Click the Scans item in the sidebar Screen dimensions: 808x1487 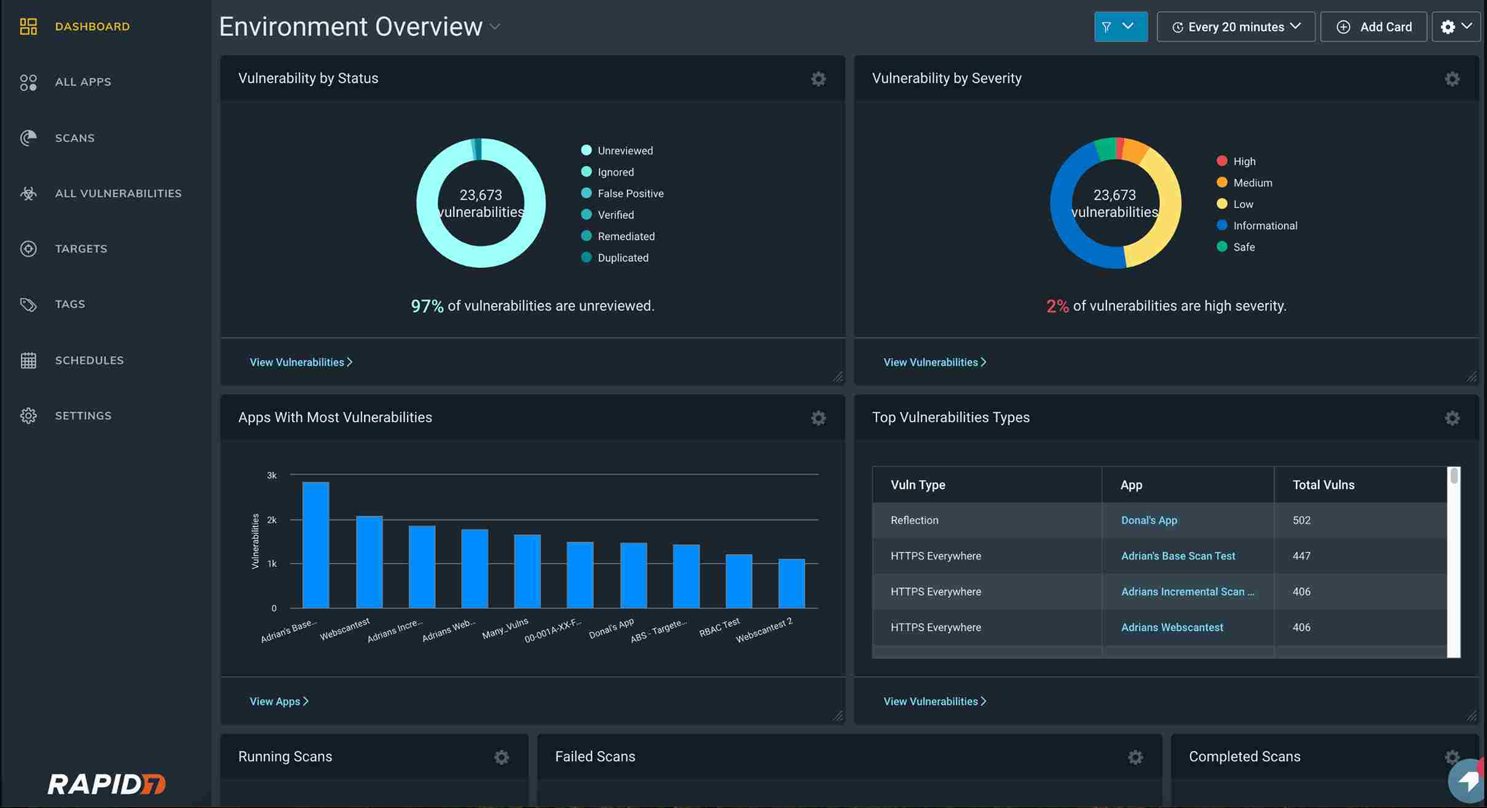pyautogui.click(x=74, y=138)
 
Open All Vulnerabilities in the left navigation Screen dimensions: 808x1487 pyautogui.click(x=118, y=193)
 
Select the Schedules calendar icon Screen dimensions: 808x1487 pyautogui.click(x=28, y=360)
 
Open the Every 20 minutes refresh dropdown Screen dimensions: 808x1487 pyautogui.click(x=1236, y=26)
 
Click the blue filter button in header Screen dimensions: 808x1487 pyautogui.click(x=1120, y=26)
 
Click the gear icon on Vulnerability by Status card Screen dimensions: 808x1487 pyautogui.click(x=818, y=79)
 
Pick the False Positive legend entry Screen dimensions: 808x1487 pyautogui.click(x=630, y=194)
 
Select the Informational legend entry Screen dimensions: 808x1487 pyautogui.click(x=1264, y=226)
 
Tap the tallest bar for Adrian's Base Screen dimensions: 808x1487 pyautogui.click(x=316, y=545)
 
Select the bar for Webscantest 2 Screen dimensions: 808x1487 pyautogui.click(x=791, y=583)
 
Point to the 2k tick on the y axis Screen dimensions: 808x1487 pyautogui.click(x=272, y=520)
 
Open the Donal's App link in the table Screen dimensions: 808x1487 pyautogui.click(x=1149, y=520)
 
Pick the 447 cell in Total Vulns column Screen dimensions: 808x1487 pyautogui.click(x=1301, y=555)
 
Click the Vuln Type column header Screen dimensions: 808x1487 pyautogui.click(x=918, y=485)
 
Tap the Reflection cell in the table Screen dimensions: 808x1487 pyautogui.click(x=914, y=520)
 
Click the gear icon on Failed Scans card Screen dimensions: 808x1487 pyautogui.click(x=1135, y=757)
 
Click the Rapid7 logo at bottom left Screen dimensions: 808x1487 pyautogui.click(x=106, y=783)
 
